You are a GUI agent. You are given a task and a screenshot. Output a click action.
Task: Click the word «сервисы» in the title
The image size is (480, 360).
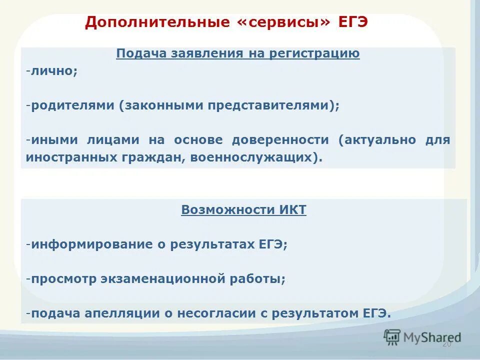(283, 23)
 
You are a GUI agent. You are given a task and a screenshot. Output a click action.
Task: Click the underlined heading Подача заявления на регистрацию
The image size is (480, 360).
(238, 53)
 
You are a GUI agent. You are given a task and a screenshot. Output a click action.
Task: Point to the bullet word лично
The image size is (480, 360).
(52, 71)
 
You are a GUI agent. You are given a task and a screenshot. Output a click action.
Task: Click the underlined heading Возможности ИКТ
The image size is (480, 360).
(243, 210)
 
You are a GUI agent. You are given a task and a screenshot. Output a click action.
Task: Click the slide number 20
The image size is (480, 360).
(446, 344)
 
